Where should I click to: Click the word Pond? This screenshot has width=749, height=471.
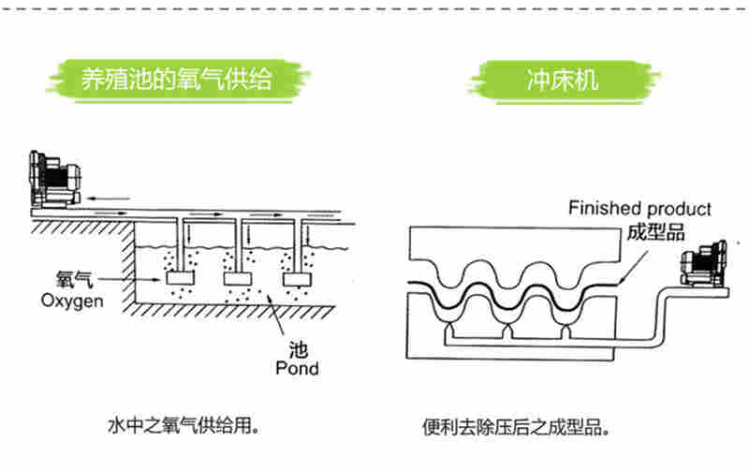[x=297, y=368]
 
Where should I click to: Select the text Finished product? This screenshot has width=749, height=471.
[x=639, y=209]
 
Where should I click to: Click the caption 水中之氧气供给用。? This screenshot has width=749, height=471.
[x=183, y=428]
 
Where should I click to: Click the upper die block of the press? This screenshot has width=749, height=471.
[x=515, y=245]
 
